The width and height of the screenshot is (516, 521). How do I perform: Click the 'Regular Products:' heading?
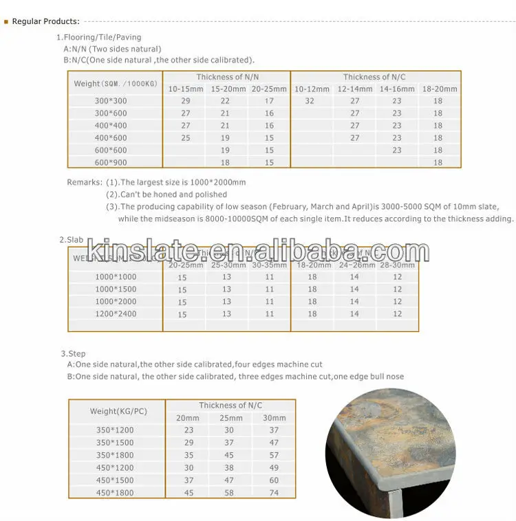point(46,21)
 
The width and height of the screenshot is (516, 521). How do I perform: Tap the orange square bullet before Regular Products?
point(6,21)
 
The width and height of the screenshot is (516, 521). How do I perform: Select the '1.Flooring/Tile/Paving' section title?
point(99,37)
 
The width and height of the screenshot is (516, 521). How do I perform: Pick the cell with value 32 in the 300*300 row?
point(309,101)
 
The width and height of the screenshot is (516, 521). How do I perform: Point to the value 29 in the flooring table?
point(186,101)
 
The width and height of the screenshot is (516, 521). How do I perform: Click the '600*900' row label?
point(111,162)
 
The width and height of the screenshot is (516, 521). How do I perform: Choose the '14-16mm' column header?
point(397,89)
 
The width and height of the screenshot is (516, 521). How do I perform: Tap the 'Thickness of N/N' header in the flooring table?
point(228,77)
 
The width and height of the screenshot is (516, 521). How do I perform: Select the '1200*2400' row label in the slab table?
point(115,314)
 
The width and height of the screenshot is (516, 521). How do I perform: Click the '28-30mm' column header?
point(398,264)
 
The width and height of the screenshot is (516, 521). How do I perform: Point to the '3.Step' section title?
point(73,354)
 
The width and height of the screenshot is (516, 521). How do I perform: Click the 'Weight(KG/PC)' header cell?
point(118,411)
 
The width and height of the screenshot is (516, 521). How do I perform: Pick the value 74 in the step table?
point(274,493)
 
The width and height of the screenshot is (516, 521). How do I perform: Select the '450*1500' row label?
point(116,480)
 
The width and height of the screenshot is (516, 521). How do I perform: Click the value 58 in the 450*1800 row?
point(229,493)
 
